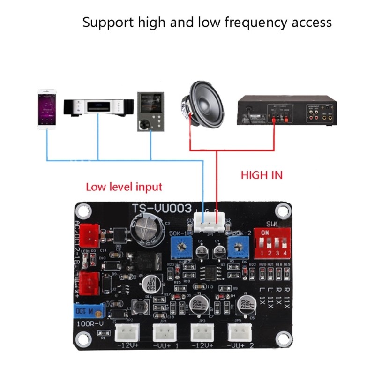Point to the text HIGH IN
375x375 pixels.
tap(262, 175)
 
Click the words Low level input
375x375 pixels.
tap(124, 187)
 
